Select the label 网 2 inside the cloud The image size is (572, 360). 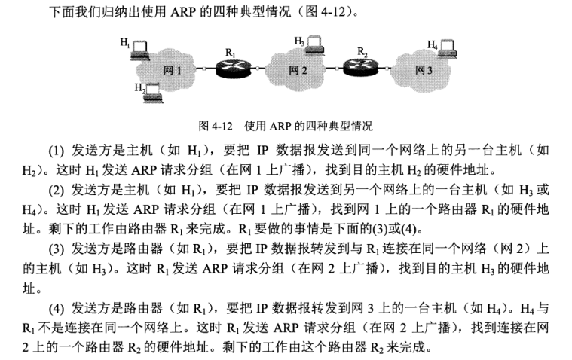pyautogui.click(x=298, y=70)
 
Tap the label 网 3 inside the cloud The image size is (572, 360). pyautogui.click(x=424, y=70)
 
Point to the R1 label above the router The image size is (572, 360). pyautogui.click(x=230, y=53)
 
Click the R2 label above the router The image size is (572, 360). pyautogui.click(x=362, y=52)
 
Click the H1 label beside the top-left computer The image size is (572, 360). pyautogui.click(x=125, y=43)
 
